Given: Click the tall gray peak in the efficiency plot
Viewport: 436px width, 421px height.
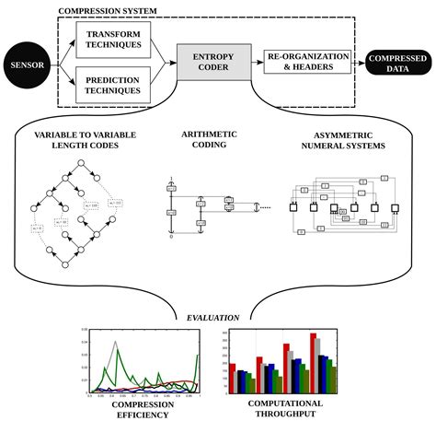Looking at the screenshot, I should [114, 344].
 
